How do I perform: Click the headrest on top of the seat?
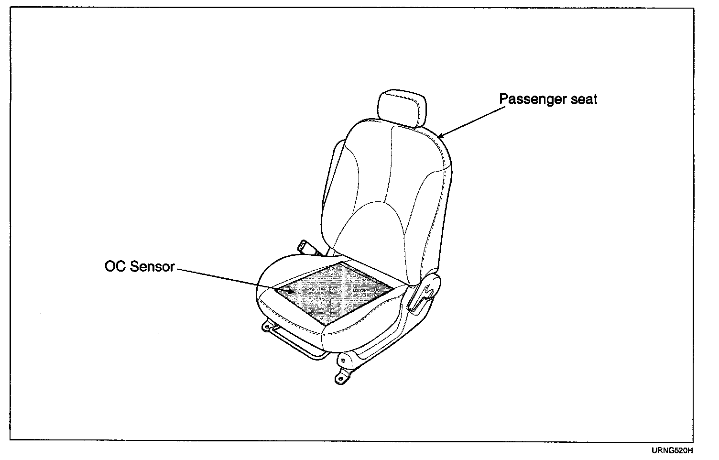[x=402, y=108]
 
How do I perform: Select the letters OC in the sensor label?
[x=115, y=266]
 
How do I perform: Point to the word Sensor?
[x=153, y=266]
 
